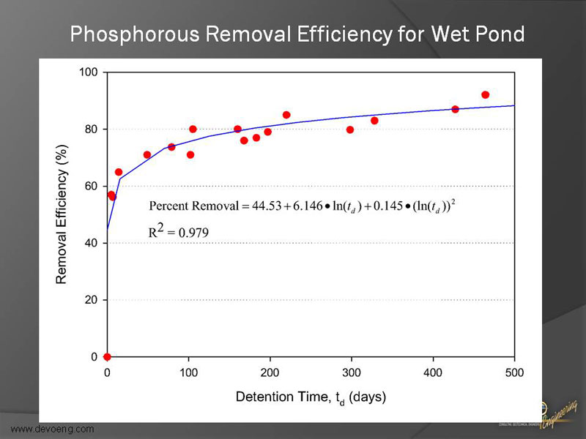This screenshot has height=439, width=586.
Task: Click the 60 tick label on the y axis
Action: [92, 187]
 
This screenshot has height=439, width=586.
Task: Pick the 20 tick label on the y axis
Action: [92, 300]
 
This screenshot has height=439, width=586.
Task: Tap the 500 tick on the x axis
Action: [514, 372]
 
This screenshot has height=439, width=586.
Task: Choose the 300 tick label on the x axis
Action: [352, 372]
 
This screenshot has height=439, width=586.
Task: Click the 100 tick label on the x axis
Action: [188, 372]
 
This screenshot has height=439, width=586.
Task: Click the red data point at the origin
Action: [107, 357]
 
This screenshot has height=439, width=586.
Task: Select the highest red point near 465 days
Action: [485, 95]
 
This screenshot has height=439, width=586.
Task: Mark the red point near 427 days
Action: [455, 109]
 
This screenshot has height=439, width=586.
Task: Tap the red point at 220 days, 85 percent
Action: [286, 115]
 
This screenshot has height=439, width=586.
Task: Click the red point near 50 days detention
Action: [147, 155]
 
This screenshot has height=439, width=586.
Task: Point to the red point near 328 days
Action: [374, 121]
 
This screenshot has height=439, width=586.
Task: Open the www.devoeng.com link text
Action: [53, 429]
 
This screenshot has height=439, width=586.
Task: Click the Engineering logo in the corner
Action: [560, 413]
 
